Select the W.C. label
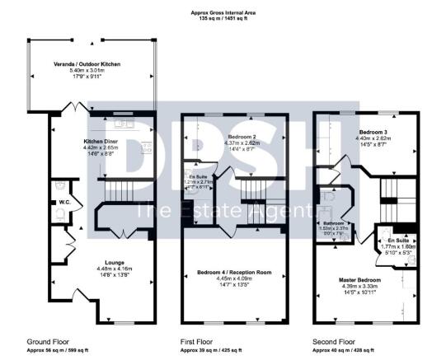(63, 202)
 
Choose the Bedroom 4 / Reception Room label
(233, 272)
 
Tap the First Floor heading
(197, 340)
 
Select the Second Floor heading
(334, 340)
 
